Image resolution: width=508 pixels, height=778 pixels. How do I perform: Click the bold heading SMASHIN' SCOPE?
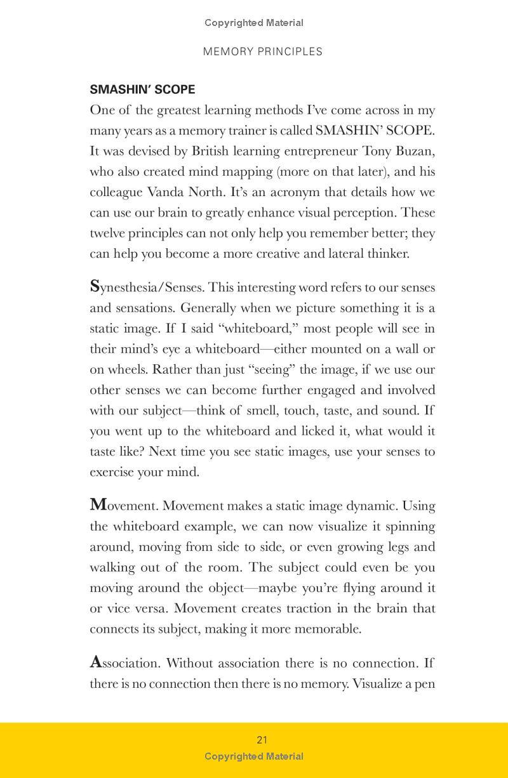(142, 89)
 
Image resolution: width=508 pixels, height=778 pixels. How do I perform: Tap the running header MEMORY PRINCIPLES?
(262, 52)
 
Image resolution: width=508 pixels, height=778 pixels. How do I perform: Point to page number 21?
(262, 739)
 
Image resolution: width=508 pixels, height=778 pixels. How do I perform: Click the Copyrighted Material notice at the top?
(254, 23)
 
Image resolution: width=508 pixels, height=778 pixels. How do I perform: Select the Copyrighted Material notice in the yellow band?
(254, 756)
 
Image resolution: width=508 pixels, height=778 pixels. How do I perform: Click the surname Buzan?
(416, 151)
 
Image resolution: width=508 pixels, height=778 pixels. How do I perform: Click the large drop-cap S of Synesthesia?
(95, 286)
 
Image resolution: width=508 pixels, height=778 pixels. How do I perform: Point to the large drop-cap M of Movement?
(98, 505)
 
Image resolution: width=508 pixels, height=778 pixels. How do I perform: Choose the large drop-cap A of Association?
(96, 663)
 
